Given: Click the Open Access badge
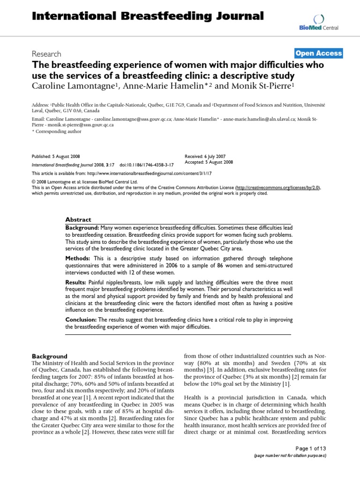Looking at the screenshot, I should [319, 53].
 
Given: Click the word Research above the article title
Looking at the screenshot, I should [46, 54].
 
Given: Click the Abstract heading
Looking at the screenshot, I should [78, 219].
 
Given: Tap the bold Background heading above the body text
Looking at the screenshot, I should [49, 356].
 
